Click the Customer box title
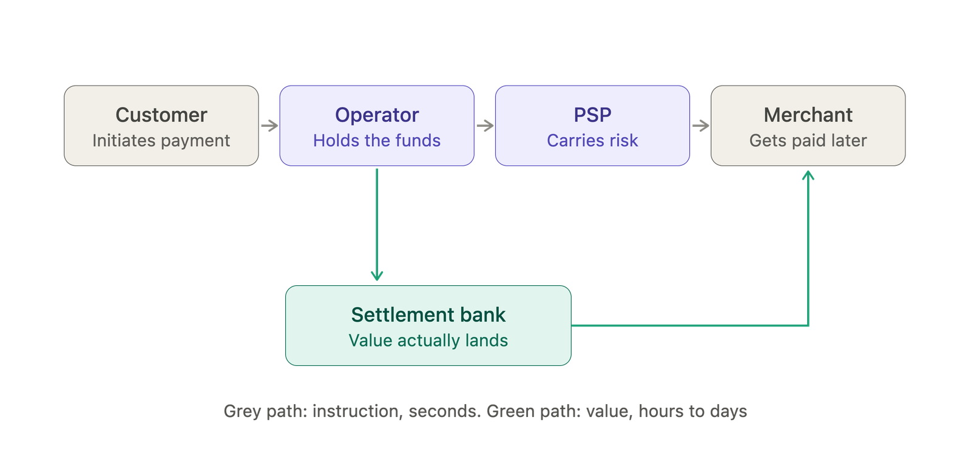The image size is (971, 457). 161,115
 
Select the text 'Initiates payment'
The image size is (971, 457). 161,141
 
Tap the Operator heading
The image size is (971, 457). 377,115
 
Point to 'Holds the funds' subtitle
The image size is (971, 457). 377,140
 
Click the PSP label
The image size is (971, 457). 592,115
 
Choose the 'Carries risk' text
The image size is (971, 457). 592,140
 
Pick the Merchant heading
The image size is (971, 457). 808,115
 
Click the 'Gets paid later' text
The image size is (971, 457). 808,141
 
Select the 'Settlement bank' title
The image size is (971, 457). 428,315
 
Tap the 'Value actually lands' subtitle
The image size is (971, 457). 428,341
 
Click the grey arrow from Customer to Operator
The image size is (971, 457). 269,126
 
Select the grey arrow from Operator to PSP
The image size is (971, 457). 485,126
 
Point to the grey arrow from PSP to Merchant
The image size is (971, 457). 700,126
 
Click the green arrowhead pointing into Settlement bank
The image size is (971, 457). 377,276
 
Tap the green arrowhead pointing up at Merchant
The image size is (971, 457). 808,175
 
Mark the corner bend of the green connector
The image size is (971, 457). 808,325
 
